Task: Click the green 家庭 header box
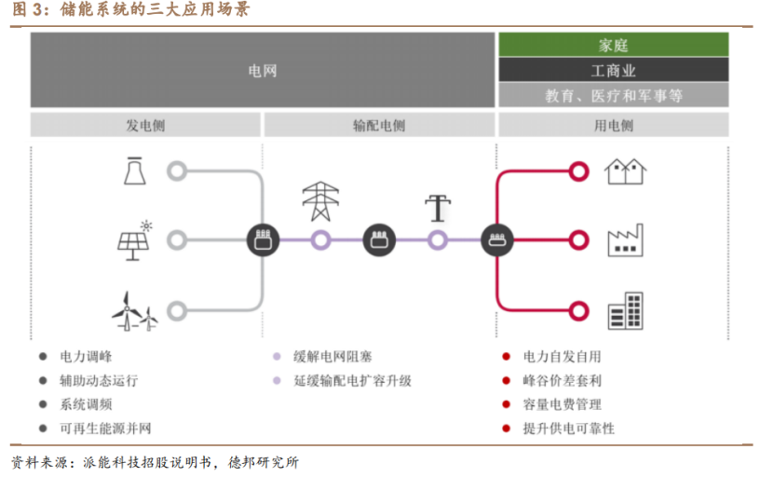(x=613, y=45)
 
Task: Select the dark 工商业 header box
(x=613, y=70)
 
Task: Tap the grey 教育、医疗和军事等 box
(x=613, y=95)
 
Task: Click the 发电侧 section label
(x=145, y=126)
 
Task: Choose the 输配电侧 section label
(x=379, y=126)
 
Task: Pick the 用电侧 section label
(x=613, y=126)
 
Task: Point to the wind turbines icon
(x=135, y=310)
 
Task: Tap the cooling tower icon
(x=134, y=170)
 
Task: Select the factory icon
(x=626, y=240)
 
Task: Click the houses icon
(x=626, y=171)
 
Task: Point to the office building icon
(x=626, y=311)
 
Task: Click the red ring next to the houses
(x=578, y=171)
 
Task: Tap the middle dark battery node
(x=379, y=240)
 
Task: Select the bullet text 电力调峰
(x=87, y=356)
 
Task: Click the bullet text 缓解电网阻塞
(x=333, y=356)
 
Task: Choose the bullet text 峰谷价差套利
(x=562, y=380)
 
